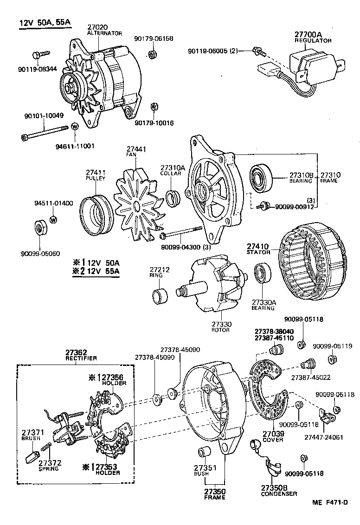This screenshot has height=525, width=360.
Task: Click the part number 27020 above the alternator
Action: pos(98,27)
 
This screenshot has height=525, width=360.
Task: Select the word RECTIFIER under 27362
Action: pos(81,359)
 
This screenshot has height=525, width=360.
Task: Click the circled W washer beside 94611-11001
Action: pos(75,126)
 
